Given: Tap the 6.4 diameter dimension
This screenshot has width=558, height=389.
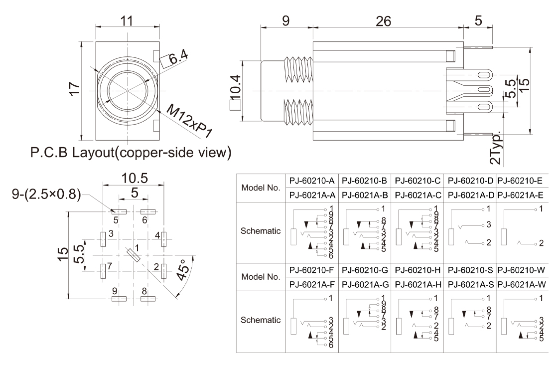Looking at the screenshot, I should (178, 58).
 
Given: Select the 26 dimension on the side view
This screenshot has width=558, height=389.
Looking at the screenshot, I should (384, 21).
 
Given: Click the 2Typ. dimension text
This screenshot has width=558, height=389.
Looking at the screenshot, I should (498, 148).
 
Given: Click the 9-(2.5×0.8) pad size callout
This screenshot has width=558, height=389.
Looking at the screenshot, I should (46, 194).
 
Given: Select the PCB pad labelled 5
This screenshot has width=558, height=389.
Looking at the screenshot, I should (119, 211).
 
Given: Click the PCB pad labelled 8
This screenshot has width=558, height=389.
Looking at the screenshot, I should (148, 299).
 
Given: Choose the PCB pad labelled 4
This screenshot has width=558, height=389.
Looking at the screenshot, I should (163, 239).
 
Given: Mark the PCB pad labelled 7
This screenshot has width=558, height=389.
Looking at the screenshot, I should (103, 271).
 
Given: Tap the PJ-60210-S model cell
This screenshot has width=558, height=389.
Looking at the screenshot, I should (470, 270).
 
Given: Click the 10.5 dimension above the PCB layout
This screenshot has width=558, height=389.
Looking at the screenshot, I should (134, 178).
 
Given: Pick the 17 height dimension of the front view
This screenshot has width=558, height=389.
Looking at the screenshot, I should (74, 90).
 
